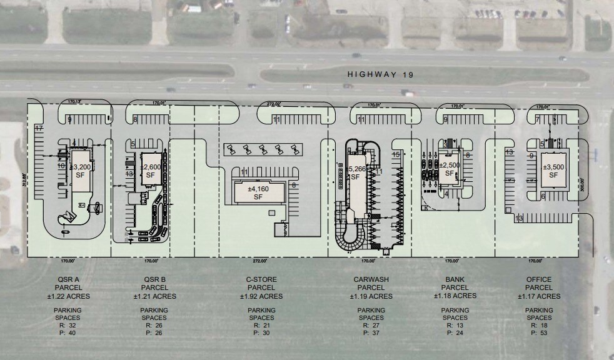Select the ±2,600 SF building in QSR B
click(151, 171)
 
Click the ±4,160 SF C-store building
click(258, 192)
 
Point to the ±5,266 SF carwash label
click(355, 172)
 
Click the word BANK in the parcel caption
click(455, 280)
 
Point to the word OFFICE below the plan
click(539, 280)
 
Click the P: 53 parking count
click(539, 333)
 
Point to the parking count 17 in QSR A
click(38, 128)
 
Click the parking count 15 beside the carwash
click(396, 154)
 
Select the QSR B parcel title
click(154, 280)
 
